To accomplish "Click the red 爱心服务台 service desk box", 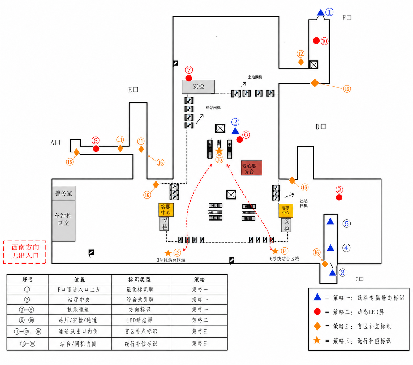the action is pyautogui.click(x=251, y=168).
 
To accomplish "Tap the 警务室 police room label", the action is pyautogui.click(x=64, y=193).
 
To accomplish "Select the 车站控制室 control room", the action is pyautogui.click(x=64, y=221).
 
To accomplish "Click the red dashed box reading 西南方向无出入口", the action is pyautogui.click(x=25, y=252).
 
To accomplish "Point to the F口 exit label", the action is pyautogui.click(x=347, y=18).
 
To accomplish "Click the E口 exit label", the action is pyautogui.click(x=133, y=90).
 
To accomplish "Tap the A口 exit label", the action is pyautogui.click(x=55, y=142).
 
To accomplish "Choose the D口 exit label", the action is pyautogui.click(x=321, y=127).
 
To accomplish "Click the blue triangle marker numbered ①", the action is pyautogui.click(x=321, y=12).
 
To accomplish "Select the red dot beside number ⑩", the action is pyautogui.click(x=316, y=41).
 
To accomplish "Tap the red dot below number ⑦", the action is pyautogui.click(x=189, y=78).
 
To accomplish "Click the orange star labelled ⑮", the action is pyautogui.click(x=219, y=151).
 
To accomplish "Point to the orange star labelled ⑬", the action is pyautogui.click(x=168, y=253).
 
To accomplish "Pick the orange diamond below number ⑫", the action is pyautogui.click(x=301, y=62).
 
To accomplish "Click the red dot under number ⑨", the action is pyautogui.click(x=339, y=197).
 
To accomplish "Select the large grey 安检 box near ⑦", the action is pyautogui.click(x=198, y=86).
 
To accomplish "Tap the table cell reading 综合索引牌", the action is pyautogui.click(x=140, y=300).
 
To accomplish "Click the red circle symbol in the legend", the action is pyautogui.click(x=317, y=312).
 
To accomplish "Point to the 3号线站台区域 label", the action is pyautogui.click(x=171, y=260).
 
